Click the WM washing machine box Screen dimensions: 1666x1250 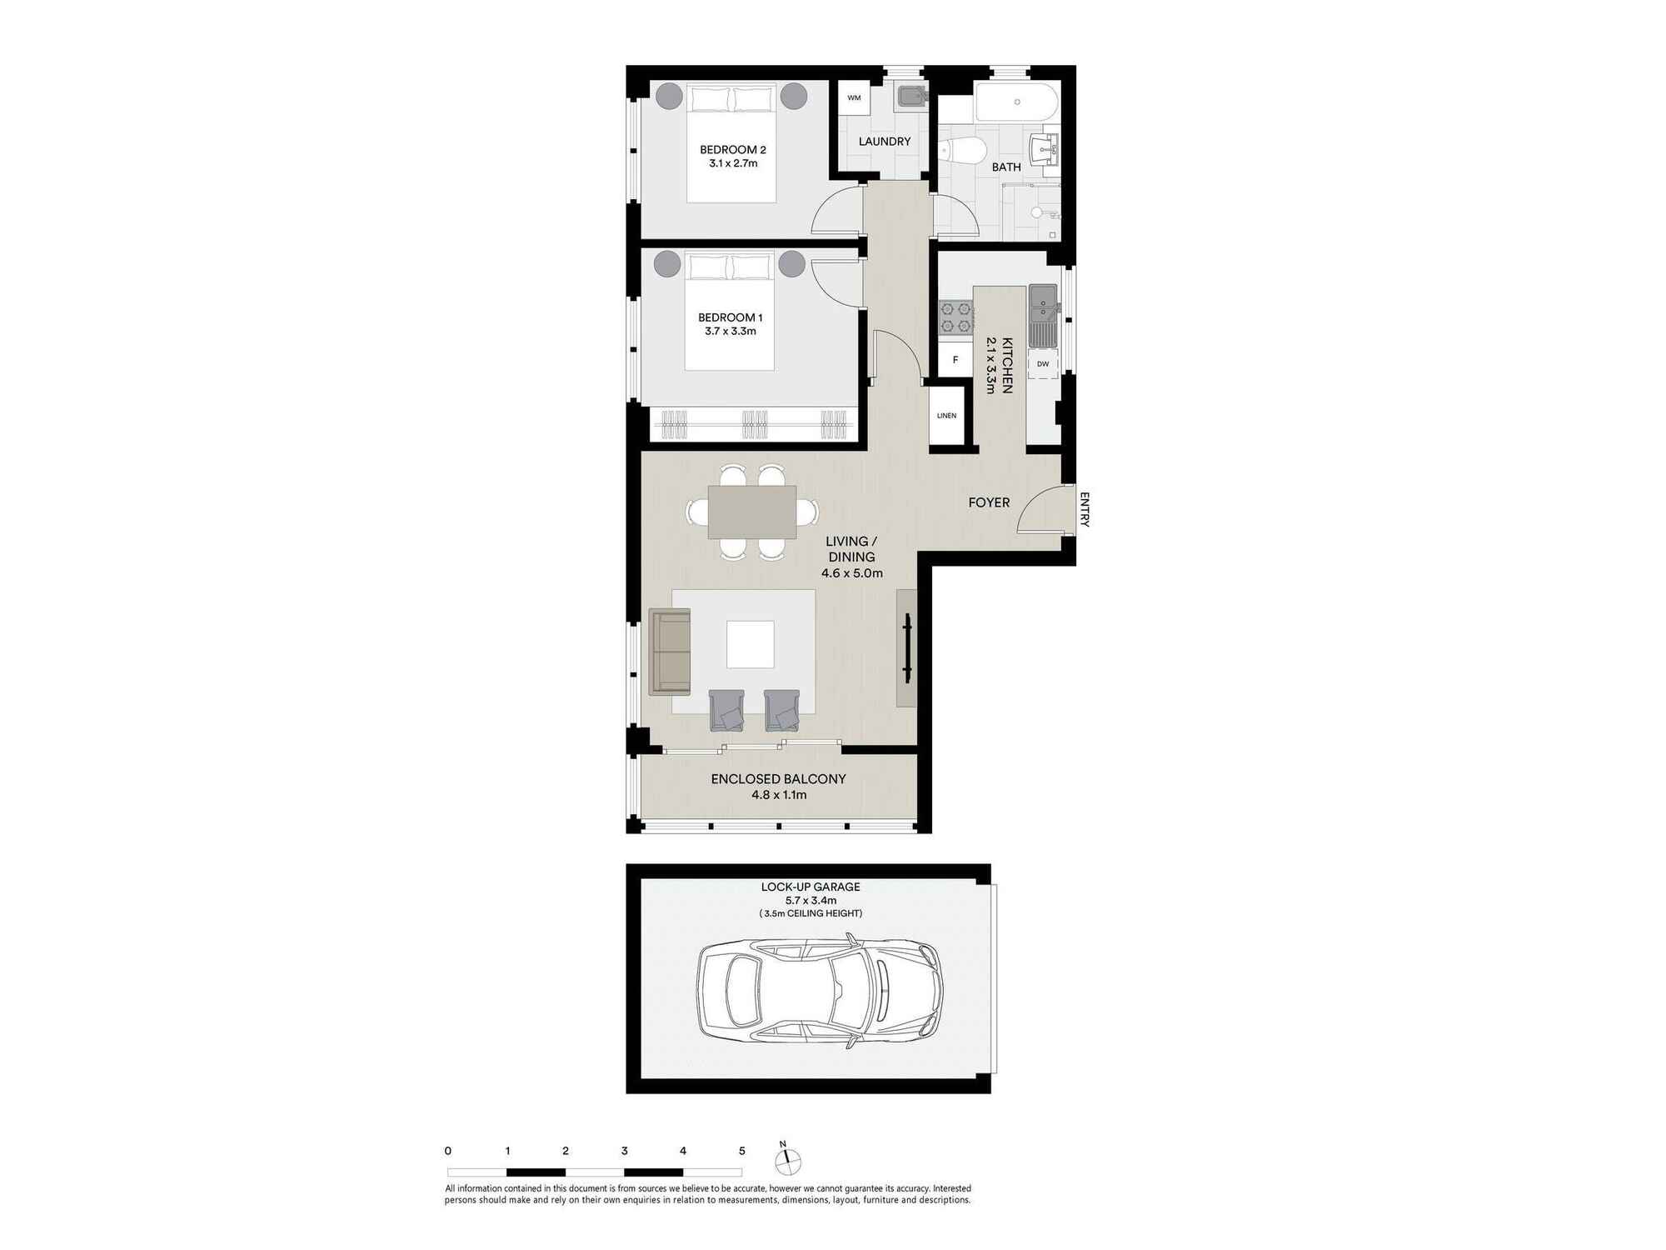click(854, 97)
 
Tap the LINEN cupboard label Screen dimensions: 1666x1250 click(946, 416)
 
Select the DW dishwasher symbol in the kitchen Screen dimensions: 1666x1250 click(1043, 364)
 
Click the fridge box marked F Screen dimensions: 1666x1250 click(955, 360)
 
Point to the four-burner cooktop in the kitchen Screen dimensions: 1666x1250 click(956, 317)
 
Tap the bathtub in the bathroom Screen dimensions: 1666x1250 click(1017, 102)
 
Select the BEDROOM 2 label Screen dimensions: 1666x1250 click(733, 150)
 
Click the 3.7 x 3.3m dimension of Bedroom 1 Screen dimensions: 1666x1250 click(731, 332)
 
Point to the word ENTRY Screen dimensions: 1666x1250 click(1085, 510)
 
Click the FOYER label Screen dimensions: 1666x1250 click(989, 502)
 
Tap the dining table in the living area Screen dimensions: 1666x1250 click(752, 512)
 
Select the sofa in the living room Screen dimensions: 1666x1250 click(670, 652)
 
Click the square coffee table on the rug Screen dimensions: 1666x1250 click(750, 644)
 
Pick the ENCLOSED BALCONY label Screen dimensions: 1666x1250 click(778, 779)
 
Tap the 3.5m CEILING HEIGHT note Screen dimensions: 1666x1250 click(811, 913)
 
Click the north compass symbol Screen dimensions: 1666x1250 click(787, 1160)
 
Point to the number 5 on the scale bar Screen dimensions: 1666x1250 click(742, 1151)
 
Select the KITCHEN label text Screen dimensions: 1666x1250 click(1007, 365)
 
